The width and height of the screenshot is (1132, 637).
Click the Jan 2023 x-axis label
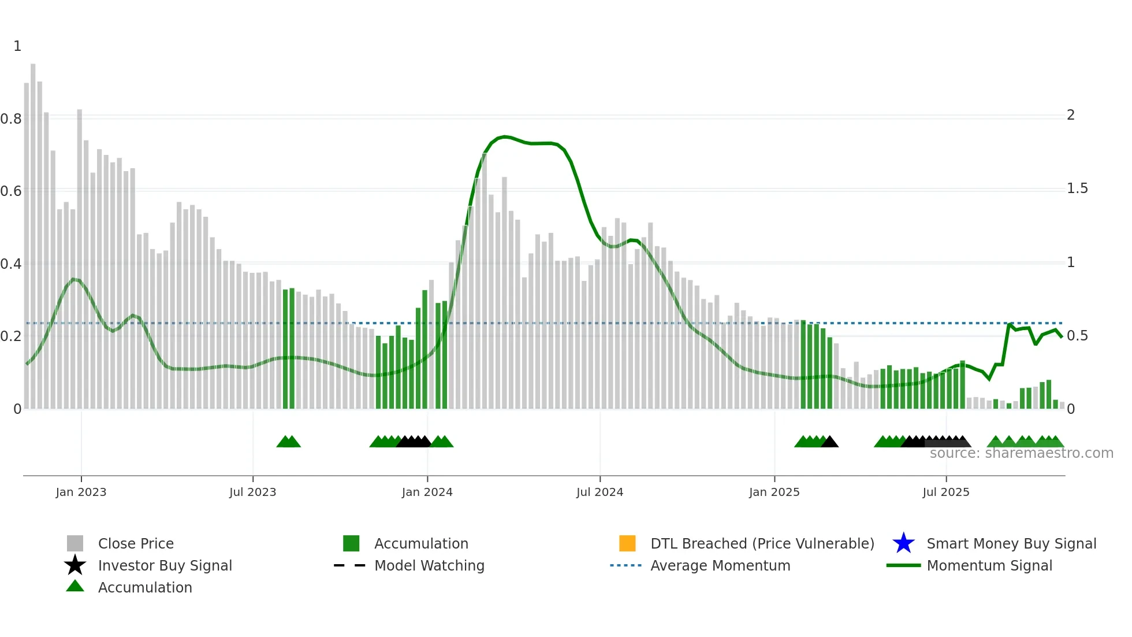tap(81, 492)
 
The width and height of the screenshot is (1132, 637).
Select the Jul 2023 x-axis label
tap(252, 492)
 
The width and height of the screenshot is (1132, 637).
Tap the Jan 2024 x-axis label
tap(427, 492)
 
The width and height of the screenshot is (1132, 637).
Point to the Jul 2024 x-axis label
tap(599, 492)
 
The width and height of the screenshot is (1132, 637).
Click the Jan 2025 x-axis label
tap(774, 492)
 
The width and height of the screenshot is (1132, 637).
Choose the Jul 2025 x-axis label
tap(945, 492)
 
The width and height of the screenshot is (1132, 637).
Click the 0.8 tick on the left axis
tap(11, 119)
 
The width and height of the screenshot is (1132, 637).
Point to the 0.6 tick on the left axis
tap(11, 191)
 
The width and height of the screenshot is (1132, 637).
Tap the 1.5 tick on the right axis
tap(1077, 189)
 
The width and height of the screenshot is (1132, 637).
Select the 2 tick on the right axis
tap(1070, 115)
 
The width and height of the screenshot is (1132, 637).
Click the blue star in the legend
tap(903, 543)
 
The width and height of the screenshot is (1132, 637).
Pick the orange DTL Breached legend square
tap(627, 543)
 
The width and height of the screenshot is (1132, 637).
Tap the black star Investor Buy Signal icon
tap(75, 565)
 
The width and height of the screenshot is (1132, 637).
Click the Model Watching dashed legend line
tap(350, 565)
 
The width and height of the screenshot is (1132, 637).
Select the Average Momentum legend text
tap(720, 565)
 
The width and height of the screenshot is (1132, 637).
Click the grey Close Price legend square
tap(75, 543)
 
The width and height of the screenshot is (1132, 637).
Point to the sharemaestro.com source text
tap(1021, 453)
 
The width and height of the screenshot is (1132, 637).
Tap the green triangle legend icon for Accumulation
tap(75, 586)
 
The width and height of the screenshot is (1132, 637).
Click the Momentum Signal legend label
tap(989, 565)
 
